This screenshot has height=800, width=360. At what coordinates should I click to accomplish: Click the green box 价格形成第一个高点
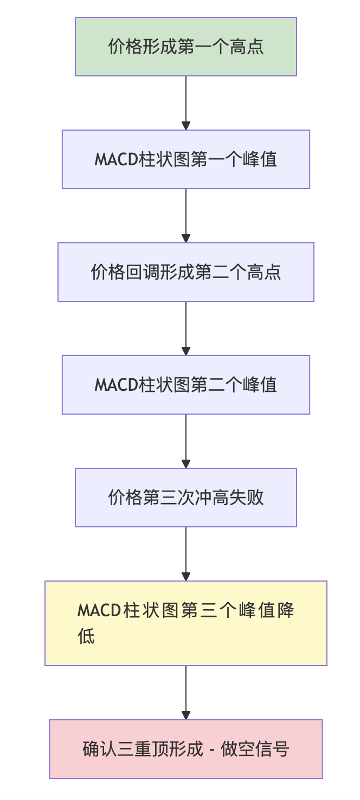click(x=186, y=47)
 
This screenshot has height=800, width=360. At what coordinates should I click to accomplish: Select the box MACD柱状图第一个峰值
click(x=186, y=159)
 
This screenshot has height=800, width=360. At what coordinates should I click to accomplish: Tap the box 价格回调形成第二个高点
click(x=186, y=272)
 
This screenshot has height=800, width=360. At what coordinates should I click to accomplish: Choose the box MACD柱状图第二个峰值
click(x=186, y=385)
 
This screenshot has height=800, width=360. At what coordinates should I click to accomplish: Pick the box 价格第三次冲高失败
click(x=186, y=498)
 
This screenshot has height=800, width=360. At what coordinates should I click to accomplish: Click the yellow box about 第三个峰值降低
click(x=186, y=623)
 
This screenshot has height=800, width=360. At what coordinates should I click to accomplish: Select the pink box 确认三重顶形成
click(x=186, y=749)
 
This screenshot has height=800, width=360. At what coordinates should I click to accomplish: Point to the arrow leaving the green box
click(x=186, y=103)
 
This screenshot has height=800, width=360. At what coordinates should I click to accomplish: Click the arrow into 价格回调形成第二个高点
click(x=186, y=216)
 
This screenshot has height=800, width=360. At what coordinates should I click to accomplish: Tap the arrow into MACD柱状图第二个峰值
click(x=186, y=328)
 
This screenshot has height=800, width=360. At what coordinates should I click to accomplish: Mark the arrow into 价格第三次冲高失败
click(x=186, y=441)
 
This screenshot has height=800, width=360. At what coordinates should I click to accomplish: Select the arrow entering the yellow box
click(x=186, y=554)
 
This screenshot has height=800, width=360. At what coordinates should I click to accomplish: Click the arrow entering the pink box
click(x=186, y=693)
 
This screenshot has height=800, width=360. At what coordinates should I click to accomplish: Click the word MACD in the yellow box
click(x=98, y=611)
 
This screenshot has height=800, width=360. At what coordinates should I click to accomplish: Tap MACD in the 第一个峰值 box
click(x=114, y=160)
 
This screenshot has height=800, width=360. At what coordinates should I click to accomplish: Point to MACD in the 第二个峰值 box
click(x=114, y=385)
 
